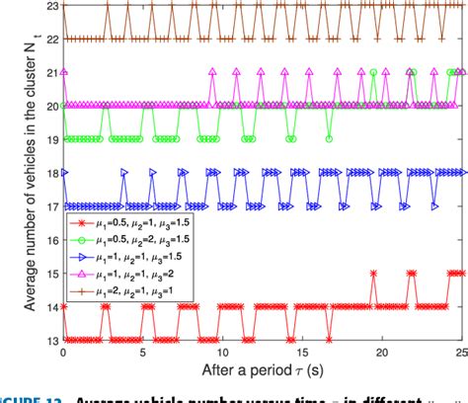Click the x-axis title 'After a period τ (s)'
coord(263,372)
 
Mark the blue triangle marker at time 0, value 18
coord(65,172)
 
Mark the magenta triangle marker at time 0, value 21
coord(65,72)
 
